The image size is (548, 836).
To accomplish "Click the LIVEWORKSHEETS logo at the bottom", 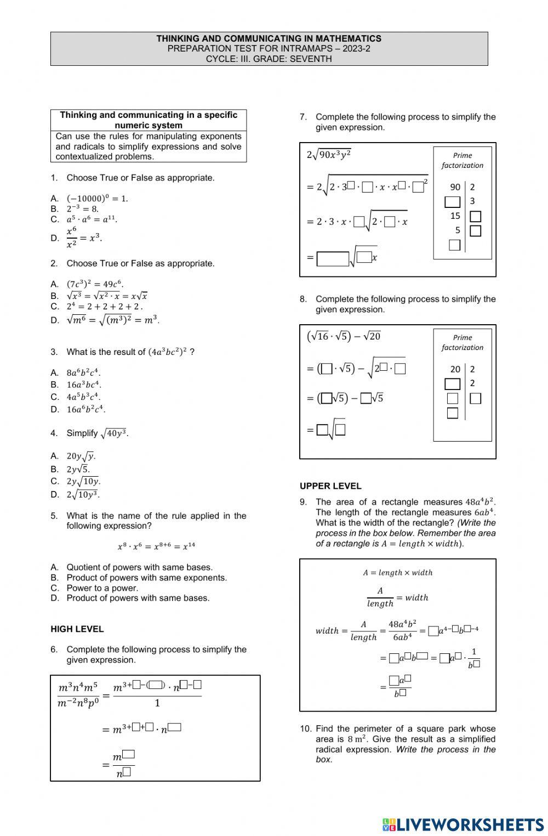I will pos(463,824).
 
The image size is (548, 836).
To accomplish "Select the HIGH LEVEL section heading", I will pos(77,629).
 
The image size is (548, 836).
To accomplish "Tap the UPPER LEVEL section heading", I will pos(330,486).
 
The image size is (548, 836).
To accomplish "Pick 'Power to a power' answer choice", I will pos(102,588).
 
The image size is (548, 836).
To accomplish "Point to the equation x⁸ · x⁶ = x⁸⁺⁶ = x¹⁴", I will pos(156,546).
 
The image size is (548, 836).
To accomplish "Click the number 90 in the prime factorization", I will pos(455,187).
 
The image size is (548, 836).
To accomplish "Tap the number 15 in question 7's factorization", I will pos(455,216).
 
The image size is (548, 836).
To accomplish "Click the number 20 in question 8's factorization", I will pos(455,369).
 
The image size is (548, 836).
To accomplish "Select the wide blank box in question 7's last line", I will pos(333,258).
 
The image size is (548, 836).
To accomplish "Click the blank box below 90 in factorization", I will pos(453,202).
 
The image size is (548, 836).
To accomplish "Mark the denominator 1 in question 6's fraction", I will pos(157,703).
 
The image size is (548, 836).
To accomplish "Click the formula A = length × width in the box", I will pos(398,573).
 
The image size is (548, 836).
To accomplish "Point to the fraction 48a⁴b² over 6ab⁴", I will pos(402,630).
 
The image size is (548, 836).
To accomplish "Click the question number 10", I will pos(305,729).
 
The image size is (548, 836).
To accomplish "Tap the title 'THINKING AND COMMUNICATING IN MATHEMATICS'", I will pos(269,38).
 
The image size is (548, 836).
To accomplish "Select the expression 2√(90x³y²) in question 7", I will pos(329,155).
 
